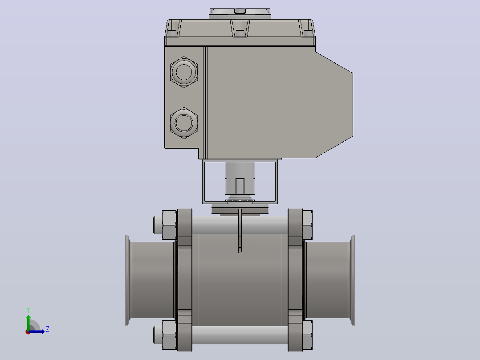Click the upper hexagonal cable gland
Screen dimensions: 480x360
click(183, 72)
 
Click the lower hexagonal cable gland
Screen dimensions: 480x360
click(183, 123)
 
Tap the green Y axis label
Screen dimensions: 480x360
click(28, 310)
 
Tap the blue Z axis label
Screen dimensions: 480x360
click(48, 329)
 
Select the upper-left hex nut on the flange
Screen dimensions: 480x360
click(169, 225)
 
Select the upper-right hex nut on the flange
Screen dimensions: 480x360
click(307, 225)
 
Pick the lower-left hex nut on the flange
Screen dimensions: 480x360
click(169, 335)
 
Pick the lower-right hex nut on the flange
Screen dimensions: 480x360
click(307, 335)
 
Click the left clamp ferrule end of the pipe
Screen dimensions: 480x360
click(129, 280)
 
